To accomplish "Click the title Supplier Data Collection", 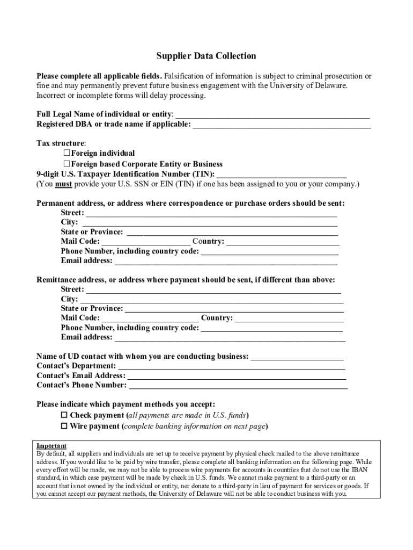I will click(206, 56).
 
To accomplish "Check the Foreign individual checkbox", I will click(68, 154).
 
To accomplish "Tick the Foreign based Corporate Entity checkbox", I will click(68, 164).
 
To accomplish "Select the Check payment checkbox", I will click(64, 415).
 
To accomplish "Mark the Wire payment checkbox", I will click(64, 426).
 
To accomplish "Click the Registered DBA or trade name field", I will click(282, 125).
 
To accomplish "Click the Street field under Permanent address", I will click(211, 213).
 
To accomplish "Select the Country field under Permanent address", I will click(283, 242).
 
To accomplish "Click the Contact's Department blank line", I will click(231, 366).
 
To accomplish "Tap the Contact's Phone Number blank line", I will click(238, 386).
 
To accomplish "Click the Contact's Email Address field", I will click(236, 376).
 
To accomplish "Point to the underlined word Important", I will click(51, 446).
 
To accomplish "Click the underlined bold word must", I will click(63, 184).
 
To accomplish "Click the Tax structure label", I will click(61, 143).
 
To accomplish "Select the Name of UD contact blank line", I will click(297, 357).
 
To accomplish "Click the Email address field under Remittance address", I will click(230, 338).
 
